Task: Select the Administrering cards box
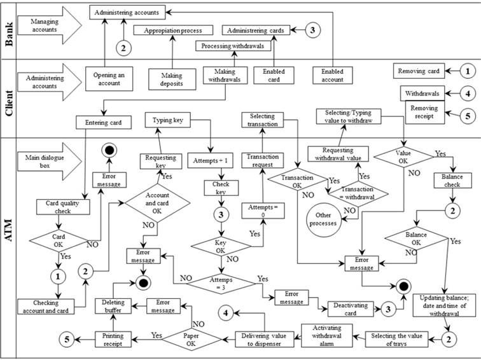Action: click(x=257, y=30)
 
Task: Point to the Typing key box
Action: click(x=167, y=120)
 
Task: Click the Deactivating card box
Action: click(x=349, y=309)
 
